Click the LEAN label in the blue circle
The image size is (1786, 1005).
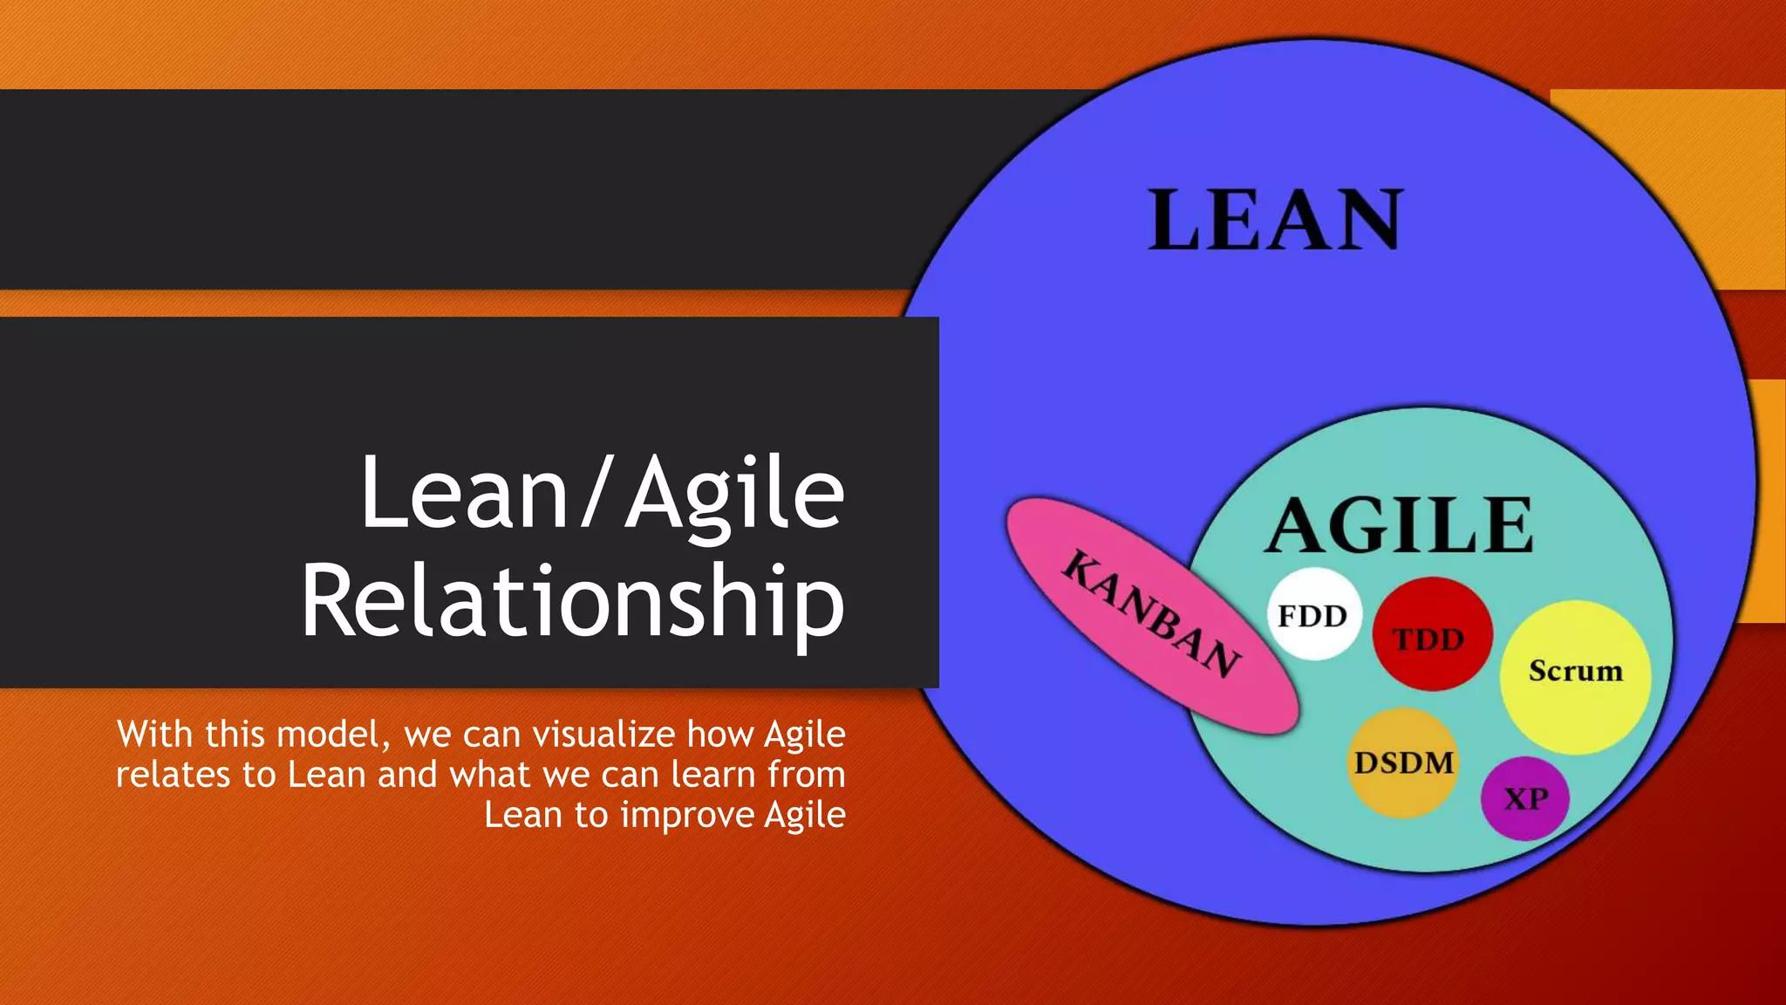coord(1275,221)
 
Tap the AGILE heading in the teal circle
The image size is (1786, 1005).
coord(1399,526)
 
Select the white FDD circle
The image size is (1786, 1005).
coord(1313,614)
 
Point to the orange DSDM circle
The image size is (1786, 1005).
coord(1403,763)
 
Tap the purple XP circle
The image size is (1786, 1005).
coord(1525,798)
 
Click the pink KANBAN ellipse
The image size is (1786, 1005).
coord(1151,614)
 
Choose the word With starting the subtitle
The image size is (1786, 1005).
coord(154,735)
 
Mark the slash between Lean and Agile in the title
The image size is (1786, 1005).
coord(596,494)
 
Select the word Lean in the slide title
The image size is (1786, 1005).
coord(465,494)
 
